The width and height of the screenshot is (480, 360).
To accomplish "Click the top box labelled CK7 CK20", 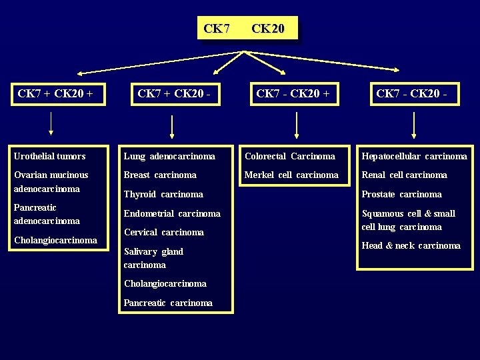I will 247,29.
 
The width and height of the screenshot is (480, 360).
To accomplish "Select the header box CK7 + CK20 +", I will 59,94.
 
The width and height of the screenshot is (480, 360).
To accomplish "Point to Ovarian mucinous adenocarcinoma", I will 51,181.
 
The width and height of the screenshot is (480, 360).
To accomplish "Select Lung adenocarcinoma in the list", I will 169,156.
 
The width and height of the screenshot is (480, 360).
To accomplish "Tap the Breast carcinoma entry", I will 160,175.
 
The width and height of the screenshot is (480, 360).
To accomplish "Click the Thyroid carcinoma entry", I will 163,194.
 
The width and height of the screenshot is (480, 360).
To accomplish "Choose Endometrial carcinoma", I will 172,213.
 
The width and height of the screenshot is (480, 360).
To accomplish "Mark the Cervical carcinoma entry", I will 164,232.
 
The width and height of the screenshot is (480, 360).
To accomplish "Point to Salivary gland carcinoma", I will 153,258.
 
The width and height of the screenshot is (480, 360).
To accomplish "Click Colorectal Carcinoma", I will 290,156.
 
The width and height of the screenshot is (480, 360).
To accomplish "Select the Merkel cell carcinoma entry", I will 291,175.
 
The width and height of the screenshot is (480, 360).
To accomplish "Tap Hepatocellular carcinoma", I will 414,156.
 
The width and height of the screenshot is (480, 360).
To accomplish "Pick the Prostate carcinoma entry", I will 401,194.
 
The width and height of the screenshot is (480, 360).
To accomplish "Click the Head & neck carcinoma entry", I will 411,245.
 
